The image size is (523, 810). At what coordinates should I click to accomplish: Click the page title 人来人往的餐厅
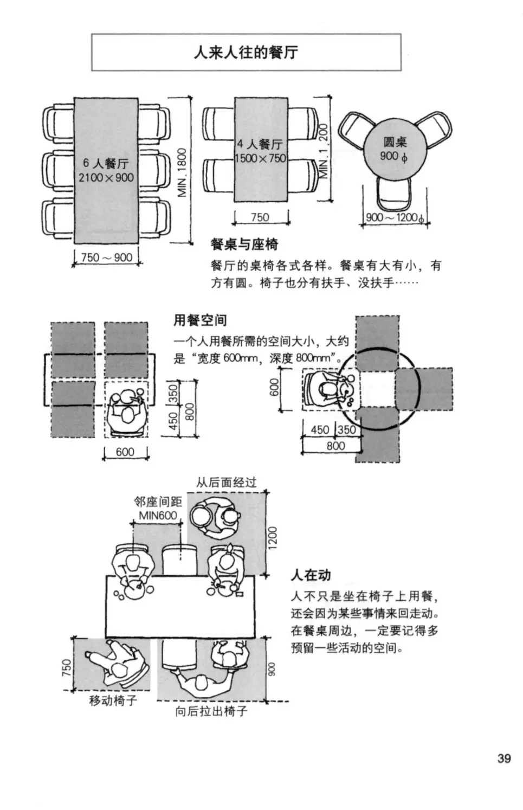[x=246, y=53]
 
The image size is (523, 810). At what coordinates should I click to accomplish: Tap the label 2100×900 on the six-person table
[x=106, y=178]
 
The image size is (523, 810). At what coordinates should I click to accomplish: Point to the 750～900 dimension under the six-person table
[x=107, y=258]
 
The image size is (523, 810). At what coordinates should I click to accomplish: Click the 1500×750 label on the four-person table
[x=260, y=158]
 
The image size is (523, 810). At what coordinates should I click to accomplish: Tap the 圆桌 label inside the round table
[x=395, y=142]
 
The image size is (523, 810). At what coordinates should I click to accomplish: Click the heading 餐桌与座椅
[x=244, y=245]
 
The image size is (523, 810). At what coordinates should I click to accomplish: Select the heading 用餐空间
[x=199, y=320]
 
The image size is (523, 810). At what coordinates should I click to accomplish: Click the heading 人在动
[x=311, y=575]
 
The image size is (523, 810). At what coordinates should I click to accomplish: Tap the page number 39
[x=504, y=758]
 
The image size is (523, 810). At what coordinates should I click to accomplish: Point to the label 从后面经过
[x=226, y=482]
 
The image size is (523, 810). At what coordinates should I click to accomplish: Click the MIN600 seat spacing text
[x=158, y=515]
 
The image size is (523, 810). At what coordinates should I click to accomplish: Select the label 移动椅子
[x=113, y=700]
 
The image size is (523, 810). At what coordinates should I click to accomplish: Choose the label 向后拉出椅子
[x=211, y=711]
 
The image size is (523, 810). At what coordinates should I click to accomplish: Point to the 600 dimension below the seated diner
[x=125, y=452]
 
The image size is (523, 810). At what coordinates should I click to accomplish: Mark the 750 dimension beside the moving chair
[x=67, y=667]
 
